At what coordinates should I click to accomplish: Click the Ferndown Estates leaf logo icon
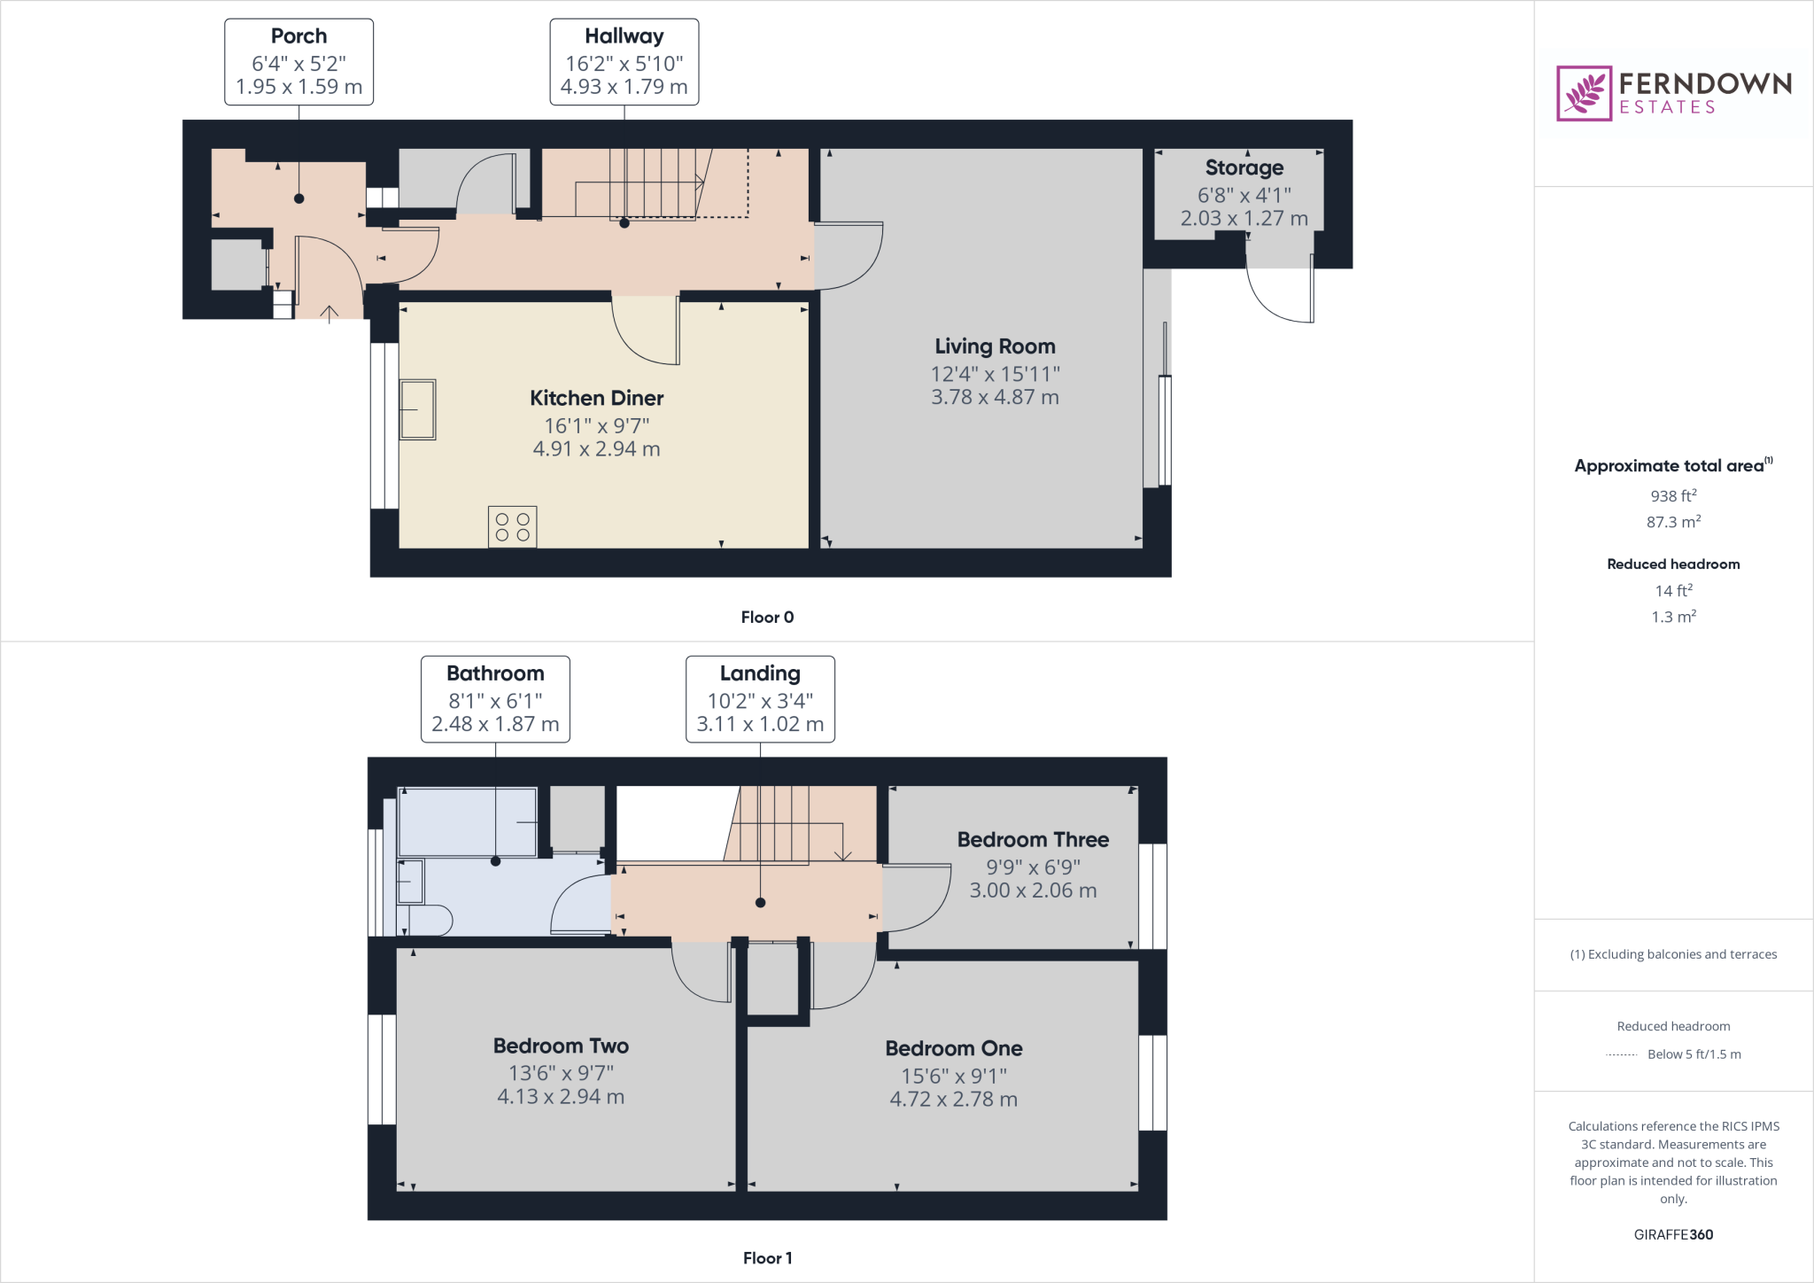pyautogui.click(x=1584, y=93)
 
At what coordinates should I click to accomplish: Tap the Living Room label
pyautogui.click(x=995, y=346)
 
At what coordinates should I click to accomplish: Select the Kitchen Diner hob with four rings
pyautogui.click(x=512, y=527)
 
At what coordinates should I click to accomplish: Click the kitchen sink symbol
pyautogui.click(x=417, y=409)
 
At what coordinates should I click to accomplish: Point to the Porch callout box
pyautogui.click(x=298, y=62)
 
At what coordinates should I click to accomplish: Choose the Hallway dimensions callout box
pyautogui.click(x=624, y=62)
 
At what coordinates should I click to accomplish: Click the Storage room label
pyautogui.click(x=1244, y=167)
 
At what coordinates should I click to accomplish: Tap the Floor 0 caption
pyautogui.click(x=767, y=618)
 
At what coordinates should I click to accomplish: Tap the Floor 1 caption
pyautogui.click(x=767, y=1258)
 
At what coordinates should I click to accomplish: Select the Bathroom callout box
pyautogui.click(x=495, y=699)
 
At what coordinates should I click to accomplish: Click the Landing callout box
pyautogui.click(x=760, y=699)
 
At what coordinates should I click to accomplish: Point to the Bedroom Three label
pyautogui.click(x=1033, y=840)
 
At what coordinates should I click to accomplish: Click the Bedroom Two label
pyautogui.click(x=561, y=1046)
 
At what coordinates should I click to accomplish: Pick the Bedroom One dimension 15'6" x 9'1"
pyautogui.click(x=953, y=1077)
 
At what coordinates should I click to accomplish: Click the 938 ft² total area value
pyautogui.click(x=1672, y=496)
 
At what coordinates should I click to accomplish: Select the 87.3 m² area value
pyautogui.click(x=1672, y=522)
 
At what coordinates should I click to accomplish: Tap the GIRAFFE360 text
pyautogui.click(x=1673, y=1234)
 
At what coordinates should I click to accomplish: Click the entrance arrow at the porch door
pyautogui.click(x=329, y=314)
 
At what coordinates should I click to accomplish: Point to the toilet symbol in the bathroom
pyautogui.click(x=429, y=921)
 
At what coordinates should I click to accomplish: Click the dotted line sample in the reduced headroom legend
pyautogui.click(x=1621, y=1055)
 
